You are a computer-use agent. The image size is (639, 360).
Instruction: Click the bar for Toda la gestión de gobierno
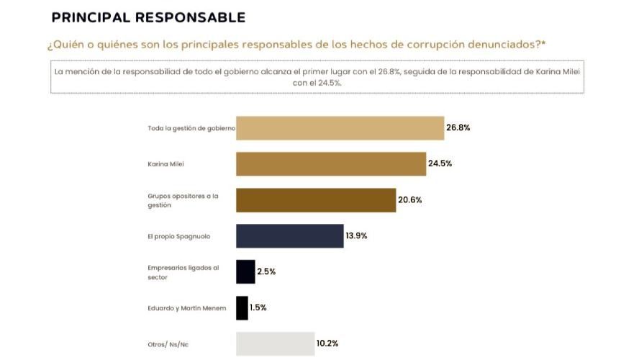point(340,128)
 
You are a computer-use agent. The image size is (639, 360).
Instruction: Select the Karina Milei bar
point(331,163)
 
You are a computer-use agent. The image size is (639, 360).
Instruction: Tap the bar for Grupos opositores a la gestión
point(316,200)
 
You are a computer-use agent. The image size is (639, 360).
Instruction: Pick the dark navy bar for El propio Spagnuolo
point(289,236)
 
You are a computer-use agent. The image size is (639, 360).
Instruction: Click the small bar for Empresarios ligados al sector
point(245,271)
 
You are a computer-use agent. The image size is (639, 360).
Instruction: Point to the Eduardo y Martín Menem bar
point(242,308)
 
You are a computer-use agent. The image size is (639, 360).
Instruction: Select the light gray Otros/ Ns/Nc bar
point(275,343)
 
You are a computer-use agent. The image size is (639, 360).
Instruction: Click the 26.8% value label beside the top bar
point(458,127)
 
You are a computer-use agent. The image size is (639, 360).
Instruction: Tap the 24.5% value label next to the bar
point(440,163)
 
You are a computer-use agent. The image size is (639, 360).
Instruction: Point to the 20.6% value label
point(409,199)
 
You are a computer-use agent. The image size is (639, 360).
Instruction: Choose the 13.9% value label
point(356,235)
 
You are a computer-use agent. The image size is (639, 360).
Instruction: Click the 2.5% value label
point(266,271)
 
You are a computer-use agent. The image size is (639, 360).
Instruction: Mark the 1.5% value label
point(258,307)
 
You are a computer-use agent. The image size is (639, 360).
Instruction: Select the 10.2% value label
point(327,343)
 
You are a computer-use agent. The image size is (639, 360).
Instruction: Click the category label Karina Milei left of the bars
point(166,164)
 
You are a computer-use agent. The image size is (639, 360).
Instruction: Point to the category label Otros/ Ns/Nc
point(168,344)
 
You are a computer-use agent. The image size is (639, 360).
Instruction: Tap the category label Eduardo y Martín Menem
point(187,308)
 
